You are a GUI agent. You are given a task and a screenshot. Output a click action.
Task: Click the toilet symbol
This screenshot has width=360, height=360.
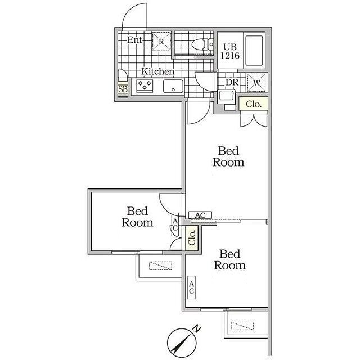202,44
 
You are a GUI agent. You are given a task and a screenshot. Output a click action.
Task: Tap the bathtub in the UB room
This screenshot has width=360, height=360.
254,51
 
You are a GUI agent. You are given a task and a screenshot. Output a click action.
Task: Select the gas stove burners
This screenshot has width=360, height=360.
145,85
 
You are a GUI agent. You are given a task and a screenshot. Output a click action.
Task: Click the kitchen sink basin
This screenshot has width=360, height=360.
173,86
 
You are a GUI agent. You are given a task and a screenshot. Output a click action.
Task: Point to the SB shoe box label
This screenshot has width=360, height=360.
123,89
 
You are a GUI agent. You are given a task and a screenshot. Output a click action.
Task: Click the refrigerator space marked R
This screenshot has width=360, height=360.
161,41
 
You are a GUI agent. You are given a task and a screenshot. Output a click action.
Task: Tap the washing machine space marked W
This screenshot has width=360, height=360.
256,83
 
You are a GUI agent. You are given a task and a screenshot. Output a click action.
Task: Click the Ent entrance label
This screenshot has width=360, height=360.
134,40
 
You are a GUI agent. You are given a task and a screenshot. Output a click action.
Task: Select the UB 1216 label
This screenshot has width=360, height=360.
230,51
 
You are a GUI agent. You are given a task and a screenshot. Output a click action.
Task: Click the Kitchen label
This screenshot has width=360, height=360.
157,71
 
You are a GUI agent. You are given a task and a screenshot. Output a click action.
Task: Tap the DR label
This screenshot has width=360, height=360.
232,82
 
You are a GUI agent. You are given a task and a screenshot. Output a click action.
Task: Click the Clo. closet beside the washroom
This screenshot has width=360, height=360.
254,104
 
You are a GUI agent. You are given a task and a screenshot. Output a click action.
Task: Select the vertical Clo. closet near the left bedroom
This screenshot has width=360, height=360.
192,238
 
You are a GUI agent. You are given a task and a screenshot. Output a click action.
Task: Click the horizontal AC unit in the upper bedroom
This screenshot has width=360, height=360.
200,215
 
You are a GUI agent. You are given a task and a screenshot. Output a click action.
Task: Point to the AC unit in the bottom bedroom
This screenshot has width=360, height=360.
191,287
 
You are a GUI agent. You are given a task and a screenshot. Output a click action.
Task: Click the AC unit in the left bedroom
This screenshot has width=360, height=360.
175,224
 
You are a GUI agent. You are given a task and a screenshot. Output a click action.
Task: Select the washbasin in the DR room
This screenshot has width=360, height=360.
227,95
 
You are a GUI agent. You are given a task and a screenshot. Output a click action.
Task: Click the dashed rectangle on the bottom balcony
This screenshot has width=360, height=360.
242,326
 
